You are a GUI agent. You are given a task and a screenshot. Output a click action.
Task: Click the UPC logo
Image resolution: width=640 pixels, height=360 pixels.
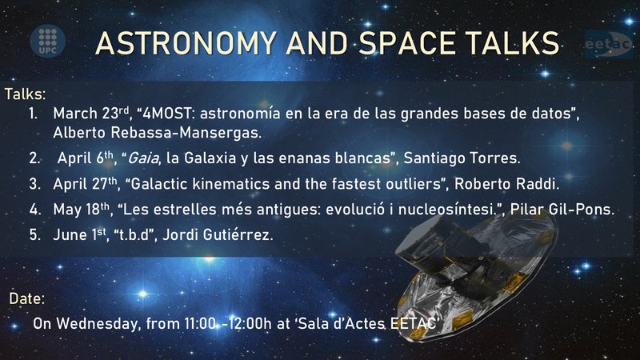click(x=48, y=42)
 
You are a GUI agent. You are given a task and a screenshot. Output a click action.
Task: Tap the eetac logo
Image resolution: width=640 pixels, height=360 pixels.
click(x=609, y=44)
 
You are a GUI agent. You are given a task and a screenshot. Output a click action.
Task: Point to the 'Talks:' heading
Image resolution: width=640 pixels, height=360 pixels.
click(x=26, y=94)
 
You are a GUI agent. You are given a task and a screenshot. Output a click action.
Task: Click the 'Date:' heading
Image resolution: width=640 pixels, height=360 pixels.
click(x=27, y=298)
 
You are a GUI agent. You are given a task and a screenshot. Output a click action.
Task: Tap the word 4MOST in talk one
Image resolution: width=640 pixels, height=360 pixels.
click(x=166, y=113)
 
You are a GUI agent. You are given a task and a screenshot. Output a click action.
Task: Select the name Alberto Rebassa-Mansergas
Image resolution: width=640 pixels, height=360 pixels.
click(x=157, y=133)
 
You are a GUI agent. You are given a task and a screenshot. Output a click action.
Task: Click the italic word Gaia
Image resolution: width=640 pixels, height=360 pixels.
click(x=143, y=158)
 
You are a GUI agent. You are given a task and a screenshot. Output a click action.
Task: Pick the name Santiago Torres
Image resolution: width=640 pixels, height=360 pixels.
click(x=462, y=158)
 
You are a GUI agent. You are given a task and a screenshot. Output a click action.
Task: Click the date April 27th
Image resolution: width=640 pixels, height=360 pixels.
click(x=85, y=184)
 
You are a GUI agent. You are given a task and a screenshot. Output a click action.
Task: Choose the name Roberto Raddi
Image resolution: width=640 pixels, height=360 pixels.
click(x=506, y=184)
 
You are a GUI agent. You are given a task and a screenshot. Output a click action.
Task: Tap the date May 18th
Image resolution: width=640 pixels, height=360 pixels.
click(x=82, y=210)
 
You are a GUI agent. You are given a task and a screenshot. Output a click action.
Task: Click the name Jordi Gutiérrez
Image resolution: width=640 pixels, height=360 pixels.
click(x=218, y=234)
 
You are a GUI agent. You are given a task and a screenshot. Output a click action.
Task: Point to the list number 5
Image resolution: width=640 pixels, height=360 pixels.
click(x=34, y=234)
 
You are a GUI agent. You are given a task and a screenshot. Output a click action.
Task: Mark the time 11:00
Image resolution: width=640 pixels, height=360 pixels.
click(x=200, y=324)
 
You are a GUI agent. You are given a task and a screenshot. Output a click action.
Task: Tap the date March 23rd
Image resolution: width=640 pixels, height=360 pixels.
click(x=91, y=113)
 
